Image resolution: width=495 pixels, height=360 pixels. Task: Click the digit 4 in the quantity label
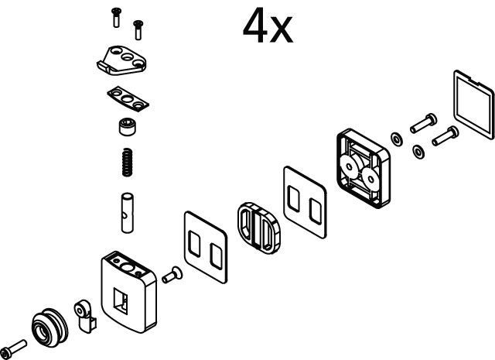(x=254, y=26)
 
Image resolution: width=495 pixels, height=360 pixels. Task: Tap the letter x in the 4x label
(x=280, y=29)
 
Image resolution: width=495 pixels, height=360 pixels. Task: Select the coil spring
(x=127, y=162)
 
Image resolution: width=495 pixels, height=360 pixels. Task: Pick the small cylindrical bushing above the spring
(x=127, y=127)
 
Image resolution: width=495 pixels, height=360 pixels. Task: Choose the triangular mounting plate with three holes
(x=121, y=60)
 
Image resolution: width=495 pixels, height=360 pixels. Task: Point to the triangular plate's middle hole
(x=128, y=57)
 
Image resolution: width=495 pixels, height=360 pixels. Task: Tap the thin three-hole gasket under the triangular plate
(x=128, y=99)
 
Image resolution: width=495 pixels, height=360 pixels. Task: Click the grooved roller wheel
(x=49, y=327)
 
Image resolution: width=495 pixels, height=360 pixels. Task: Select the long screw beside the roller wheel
(x=14, y=349)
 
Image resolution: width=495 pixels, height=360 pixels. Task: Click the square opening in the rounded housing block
(x=121, y=301)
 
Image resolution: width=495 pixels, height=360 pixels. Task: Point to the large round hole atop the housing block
(x=127, y=268)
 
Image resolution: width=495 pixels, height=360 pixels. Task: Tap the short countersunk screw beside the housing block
(x=172, y=275)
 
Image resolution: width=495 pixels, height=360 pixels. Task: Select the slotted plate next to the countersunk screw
(x=206, y=247)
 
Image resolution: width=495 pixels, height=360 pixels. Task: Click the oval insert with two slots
(x=258, y=228)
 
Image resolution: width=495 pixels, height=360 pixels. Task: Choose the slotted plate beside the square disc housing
(x=305, y=202)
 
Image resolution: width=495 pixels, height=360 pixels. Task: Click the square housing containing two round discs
(x=364, y=168)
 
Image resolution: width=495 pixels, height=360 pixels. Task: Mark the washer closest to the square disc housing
(x=396, y=139)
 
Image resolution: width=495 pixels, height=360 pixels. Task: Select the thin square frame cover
(x=473, y=105)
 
